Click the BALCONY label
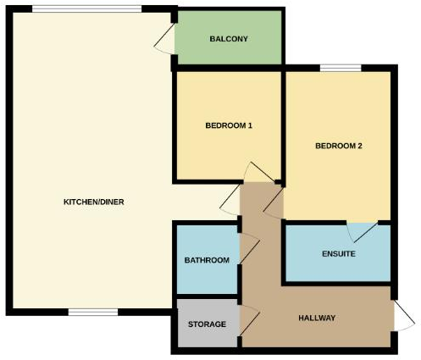coord(229,39)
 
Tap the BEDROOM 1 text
coord(229,126)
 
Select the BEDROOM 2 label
coord(339,146)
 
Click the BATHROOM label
coord(207,260)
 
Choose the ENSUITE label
coord(338,254)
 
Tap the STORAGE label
coord(207,324)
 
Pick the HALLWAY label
coord(318,318)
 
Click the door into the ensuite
coord(362,231)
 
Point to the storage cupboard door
coord(248,319)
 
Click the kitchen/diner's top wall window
coord(87,9)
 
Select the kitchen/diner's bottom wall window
coord(92,312)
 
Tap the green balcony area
coord(229,49)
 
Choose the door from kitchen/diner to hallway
coord(228,202)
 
